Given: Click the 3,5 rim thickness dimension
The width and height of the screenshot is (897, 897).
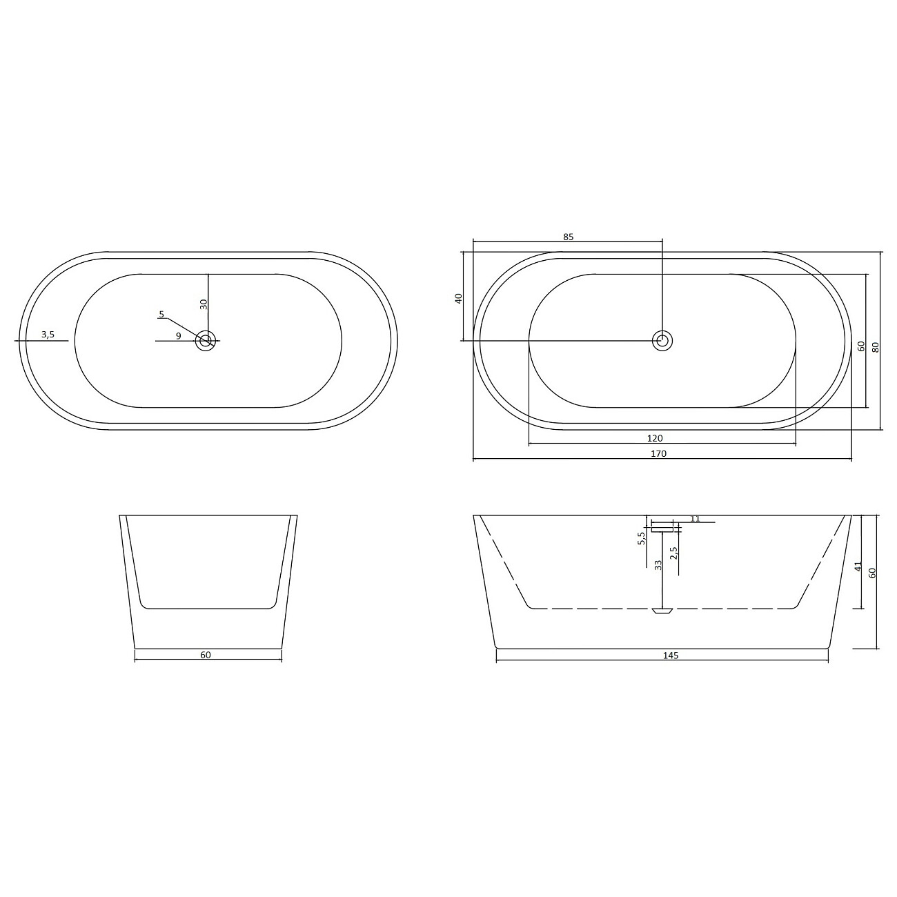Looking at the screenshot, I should [48, 335].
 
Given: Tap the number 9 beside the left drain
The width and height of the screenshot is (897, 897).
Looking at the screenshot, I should [179, 336].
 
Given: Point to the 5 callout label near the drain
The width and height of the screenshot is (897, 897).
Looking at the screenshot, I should [161, 315].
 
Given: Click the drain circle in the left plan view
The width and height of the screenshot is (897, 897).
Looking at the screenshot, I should [206, 340].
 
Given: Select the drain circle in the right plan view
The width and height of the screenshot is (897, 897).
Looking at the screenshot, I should [662, 339].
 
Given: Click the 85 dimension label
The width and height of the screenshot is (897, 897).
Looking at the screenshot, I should [568, 237].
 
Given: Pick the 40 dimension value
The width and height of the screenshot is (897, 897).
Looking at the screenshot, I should [458, 298].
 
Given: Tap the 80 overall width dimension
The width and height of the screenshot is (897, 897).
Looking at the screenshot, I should [876, 347].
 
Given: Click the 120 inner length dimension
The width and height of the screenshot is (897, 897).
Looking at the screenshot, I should [655, 438].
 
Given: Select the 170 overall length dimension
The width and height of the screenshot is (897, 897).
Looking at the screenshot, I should [658, 454].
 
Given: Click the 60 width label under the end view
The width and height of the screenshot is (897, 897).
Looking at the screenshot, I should [206, 655].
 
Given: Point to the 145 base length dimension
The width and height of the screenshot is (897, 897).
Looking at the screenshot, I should [671, 655].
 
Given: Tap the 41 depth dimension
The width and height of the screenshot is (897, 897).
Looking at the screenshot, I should [858, 566].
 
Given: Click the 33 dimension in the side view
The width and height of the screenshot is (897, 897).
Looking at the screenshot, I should [658, 564].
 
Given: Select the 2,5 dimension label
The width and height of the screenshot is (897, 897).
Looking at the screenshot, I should [673, 553].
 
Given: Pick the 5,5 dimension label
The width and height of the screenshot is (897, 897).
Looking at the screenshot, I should [641, 538].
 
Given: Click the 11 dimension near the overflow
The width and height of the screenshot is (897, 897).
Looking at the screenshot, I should [695, 518].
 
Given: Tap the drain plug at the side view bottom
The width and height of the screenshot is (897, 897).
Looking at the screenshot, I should [662, 611].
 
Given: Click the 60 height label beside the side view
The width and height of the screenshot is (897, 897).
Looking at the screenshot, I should [872, 573].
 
